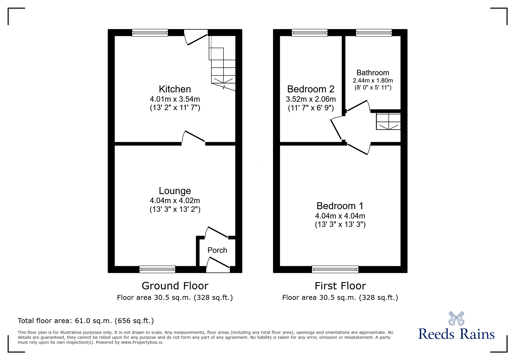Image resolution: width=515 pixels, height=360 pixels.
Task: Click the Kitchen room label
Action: click(x=175, y=89)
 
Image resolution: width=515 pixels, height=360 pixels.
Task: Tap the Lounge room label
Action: click(x=175, y=191)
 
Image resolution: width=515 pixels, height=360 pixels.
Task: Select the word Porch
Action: click(x=217, y=250)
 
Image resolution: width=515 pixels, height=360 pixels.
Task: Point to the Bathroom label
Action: click(x=373, y=73)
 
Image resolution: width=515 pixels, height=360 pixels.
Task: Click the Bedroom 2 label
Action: click(x=311, y=89)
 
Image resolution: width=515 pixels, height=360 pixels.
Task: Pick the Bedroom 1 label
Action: click(x=340, y=206)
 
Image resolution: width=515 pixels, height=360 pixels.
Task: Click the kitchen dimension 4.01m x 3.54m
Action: click(x=175, y=99)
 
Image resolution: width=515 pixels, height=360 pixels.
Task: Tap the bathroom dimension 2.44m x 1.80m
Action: click(x=373, y=80)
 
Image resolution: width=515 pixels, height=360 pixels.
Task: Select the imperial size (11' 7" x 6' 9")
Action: click(x=311, y=108)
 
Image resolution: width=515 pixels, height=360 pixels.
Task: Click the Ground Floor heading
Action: click(x=175, y=286)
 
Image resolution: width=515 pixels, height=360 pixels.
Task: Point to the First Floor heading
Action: click(x=340, y=286)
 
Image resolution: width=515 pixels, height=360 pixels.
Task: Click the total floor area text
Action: click(x=86, y=321)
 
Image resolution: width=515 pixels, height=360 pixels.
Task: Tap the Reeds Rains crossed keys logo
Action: click(x=456, y=318)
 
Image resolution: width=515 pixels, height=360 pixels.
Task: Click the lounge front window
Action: click(x=157, y=269)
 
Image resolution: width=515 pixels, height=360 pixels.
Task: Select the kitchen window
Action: click(x=150, y=33)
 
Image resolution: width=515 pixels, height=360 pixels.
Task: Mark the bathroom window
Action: click(x=374, y=33)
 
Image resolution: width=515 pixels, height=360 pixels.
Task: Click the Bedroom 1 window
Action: click(x=335, y=269)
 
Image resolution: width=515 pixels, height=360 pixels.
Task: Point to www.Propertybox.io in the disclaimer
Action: click(x=142, y=342)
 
